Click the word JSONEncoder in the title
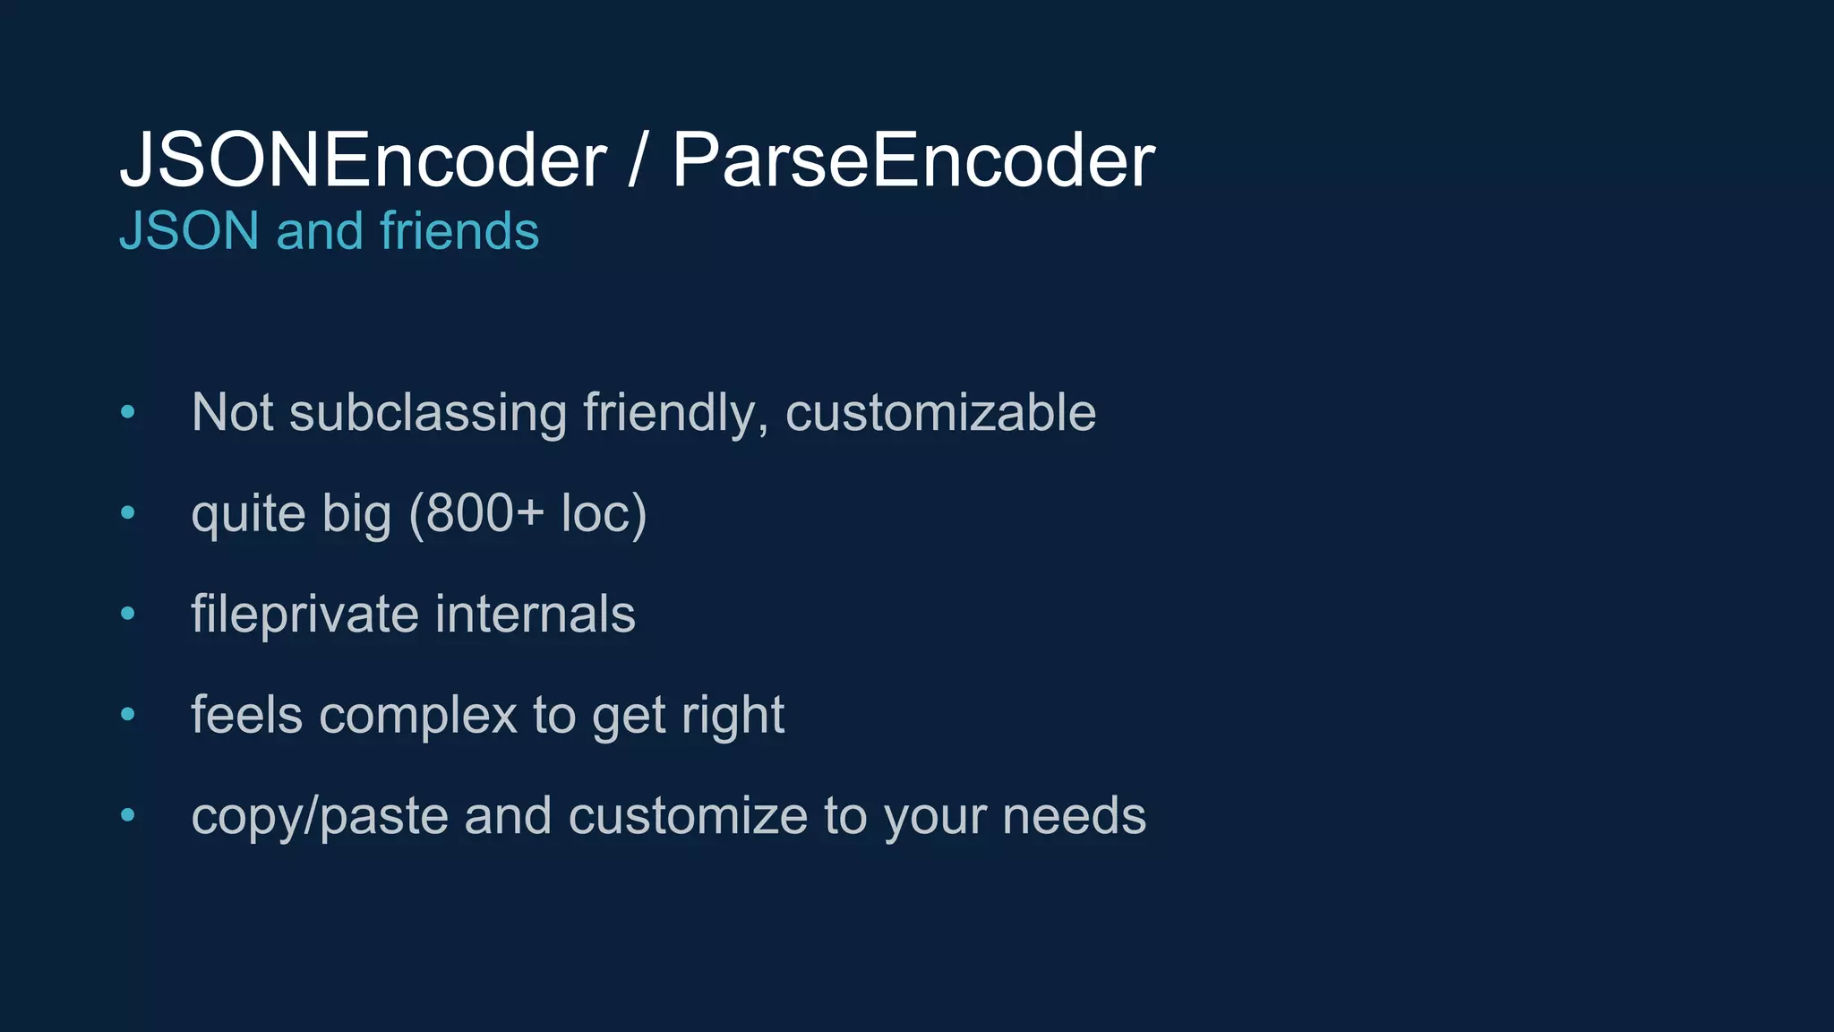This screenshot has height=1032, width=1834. [363, 160]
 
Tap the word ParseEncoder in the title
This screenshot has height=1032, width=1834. [913, 160]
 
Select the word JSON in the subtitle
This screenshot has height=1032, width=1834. [189, 231]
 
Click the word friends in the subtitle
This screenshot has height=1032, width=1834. [459, 231]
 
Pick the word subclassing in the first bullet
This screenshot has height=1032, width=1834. [428, 413]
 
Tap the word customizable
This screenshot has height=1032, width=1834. [940, 413]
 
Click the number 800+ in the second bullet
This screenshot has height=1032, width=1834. [484, 513]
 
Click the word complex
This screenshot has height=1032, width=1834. [418, 716]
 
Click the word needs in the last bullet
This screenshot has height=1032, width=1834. [1074, 816]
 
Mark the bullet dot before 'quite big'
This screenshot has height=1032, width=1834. [128, 513]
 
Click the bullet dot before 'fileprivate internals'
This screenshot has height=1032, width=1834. [128, 615]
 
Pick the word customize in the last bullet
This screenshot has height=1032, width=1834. [688, 816]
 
